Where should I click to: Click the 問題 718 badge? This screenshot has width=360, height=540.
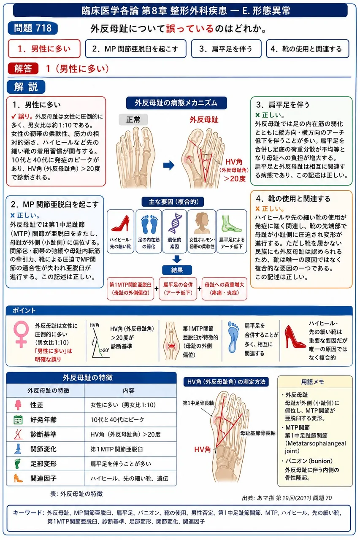click(33, 28)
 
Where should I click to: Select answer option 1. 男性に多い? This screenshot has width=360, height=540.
click(44, 49)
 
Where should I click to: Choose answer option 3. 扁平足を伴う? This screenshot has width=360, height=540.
click(226, 49)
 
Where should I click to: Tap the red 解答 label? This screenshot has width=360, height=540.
click(23, 69)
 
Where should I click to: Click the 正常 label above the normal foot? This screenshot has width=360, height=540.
click(133, 119)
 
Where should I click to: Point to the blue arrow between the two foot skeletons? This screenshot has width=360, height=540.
click(169, 165)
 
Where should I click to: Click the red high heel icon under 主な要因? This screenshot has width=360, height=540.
click(120, 224)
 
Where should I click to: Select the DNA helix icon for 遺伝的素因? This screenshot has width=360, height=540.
click(174, 224)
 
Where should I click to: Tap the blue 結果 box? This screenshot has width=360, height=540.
click(177, 270)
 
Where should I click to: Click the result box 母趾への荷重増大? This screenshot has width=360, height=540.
click(225, 289)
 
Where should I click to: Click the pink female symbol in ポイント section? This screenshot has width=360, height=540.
click(21, 334)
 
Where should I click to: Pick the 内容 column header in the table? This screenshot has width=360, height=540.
click(129, 391)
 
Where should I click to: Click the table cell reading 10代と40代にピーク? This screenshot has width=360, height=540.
click(117, 420)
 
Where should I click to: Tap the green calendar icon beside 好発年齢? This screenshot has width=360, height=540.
click(18, 420)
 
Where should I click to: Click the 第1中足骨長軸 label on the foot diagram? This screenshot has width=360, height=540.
click(198, 403)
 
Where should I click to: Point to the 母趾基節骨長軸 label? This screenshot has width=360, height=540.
click(258, 433)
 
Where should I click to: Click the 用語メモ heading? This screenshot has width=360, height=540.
click(312, 382)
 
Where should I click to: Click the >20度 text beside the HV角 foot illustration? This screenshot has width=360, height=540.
click(234, 178)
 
